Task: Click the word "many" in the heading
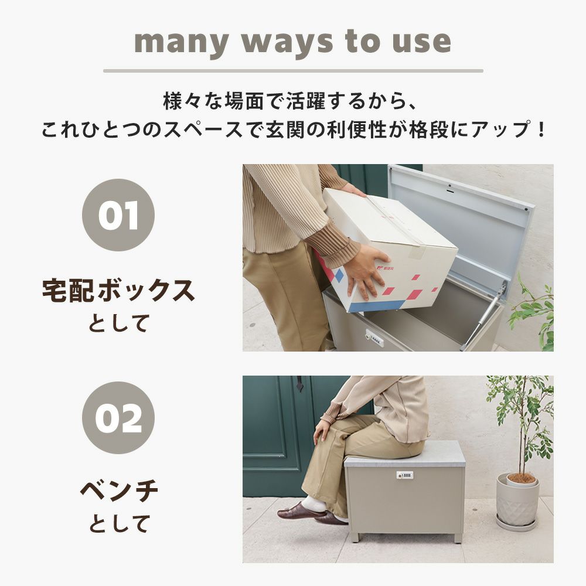(181, 43)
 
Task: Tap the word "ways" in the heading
(287, 43)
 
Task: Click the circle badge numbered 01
(118, 215)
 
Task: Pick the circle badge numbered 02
(118, 417)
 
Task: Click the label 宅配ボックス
(118, 291)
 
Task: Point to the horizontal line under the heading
(293, 71)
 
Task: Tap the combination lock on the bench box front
(405, 475)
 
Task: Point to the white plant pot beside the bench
(517, 501)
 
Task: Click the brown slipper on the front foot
(299, 511)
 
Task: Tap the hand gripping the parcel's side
(364, 271)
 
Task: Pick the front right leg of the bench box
(456, 538)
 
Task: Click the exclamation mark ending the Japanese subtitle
(540, 130)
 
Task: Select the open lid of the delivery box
(459, 224)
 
